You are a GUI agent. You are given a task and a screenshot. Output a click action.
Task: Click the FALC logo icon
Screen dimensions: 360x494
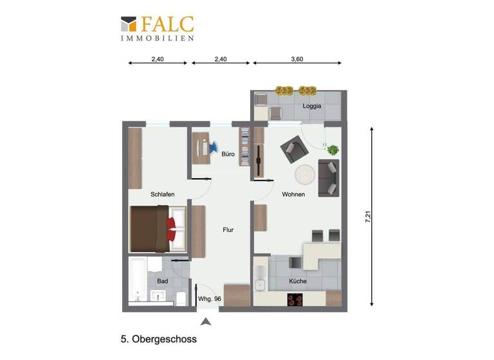coord(129,24)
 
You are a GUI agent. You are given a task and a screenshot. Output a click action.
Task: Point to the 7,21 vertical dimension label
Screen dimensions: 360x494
coord(368,217)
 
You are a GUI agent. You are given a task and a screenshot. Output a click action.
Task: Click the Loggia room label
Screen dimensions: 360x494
coord(312,107)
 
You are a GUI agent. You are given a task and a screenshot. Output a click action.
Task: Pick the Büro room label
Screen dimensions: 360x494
coord(228,154)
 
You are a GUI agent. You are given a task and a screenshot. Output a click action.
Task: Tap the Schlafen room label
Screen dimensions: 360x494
coord(163,194)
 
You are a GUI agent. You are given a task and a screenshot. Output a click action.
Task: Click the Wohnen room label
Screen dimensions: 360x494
coord(293,194)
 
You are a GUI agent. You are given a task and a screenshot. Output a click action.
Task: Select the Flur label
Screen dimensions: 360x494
coord(228,230)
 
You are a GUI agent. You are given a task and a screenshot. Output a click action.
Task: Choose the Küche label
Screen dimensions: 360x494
coord(298,282)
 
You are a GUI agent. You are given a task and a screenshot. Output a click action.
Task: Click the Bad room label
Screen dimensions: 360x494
coord(163,282)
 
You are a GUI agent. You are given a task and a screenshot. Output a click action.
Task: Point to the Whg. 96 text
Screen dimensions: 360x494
coord(210,299)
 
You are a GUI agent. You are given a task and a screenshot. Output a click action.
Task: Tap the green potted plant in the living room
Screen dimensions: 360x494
coord(333,150)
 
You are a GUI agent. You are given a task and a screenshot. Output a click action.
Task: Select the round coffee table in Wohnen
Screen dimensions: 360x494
coord(304,174)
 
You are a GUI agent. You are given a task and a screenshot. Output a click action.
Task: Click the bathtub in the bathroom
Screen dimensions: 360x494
coord(138,280)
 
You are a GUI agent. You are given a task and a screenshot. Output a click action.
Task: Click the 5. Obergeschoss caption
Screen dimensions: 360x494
coord(158,339)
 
